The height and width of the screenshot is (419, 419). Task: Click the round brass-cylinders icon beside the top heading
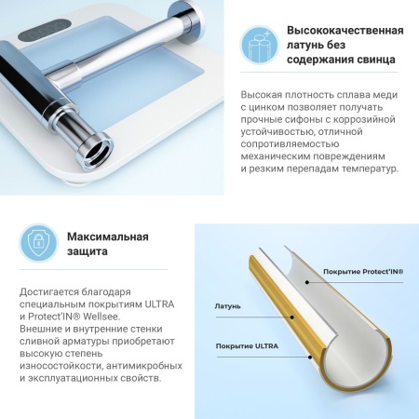click(x=260, y=45)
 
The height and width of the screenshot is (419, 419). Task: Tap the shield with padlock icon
click(x=38, y=243)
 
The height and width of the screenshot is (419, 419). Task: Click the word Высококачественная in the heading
click(x=345, y=31)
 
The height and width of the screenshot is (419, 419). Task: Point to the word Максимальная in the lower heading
click(x=108, y=237)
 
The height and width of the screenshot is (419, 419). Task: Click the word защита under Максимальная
click(x=88, y=251)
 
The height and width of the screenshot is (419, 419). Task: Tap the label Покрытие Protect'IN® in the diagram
click(x=363, y=272)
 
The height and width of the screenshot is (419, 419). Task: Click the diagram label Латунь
click(x=227, y=306)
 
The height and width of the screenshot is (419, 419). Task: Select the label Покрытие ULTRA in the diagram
click(x=247, y=346)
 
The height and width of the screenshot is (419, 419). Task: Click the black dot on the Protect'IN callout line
click(x=306, y=282)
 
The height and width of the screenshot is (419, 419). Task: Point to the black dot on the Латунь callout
click(x=291, y=318)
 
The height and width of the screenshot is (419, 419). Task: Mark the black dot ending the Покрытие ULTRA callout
click(x=309, y=357)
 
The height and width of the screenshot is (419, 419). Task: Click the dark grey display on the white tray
click(x=43, y=31)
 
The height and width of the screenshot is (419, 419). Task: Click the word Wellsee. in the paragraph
click(x=101, y=317)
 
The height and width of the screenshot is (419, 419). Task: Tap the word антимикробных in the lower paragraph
click(x=144, y=366)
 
